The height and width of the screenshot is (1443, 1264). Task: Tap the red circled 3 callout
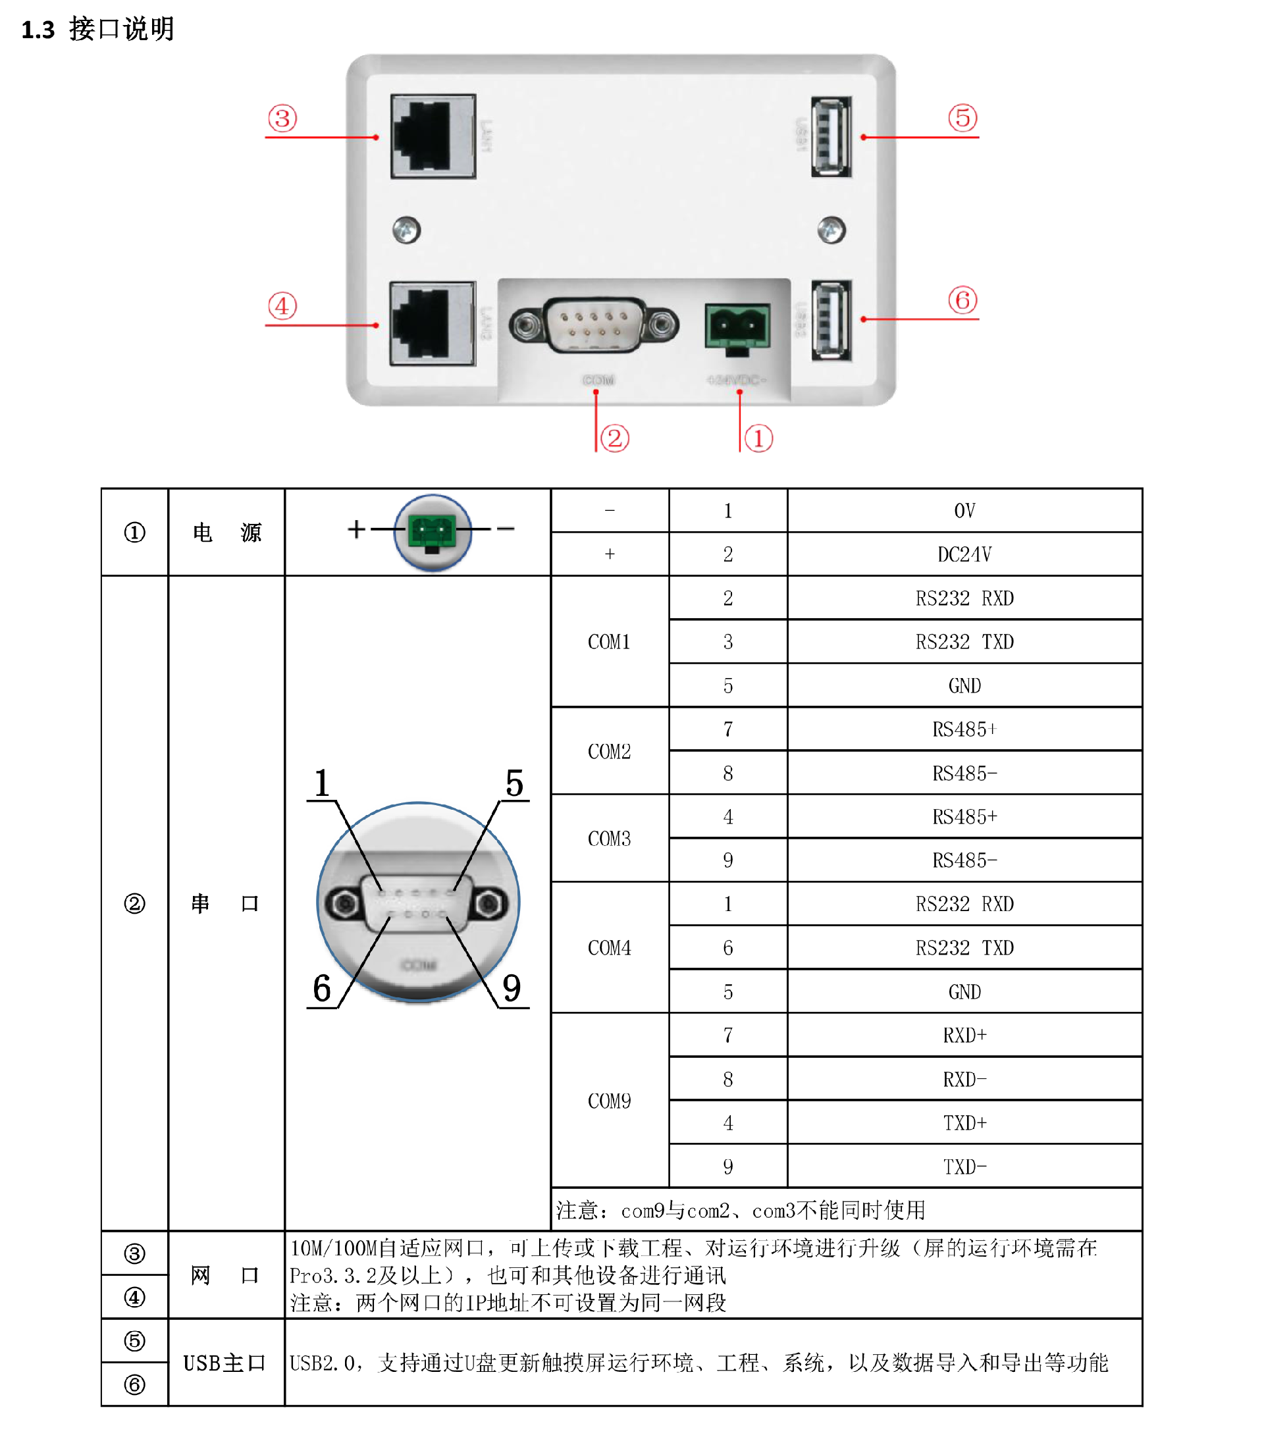click(x=282, y=118)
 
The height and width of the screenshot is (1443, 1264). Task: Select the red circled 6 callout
click(x=962, y=300)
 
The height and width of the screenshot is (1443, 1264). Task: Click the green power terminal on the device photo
click(x=737, y=327)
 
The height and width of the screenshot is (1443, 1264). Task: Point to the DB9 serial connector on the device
click(x=594, y=325)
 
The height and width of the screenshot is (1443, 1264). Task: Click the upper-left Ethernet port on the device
click(x=433, y=136)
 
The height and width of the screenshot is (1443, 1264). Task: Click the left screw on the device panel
click(x=406, y=230)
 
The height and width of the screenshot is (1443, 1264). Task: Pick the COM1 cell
click(x=610, y=642)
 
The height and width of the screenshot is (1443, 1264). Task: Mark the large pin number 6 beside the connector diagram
click(x=322, y=988)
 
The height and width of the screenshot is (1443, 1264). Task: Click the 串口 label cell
click(x=226, y=903)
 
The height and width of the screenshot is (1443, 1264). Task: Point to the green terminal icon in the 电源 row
click(x=433, y=533)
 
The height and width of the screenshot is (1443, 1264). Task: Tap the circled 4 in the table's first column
click(x=135, y=1297)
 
